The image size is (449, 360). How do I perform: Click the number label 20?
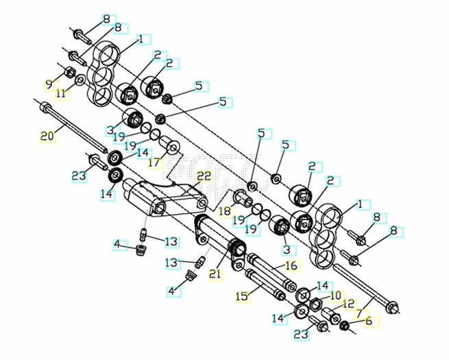[x=47, y=136]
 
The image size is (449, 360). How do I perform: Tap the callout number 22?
[x=204, y=176]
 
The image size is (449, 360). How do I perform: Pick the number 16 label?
[x=292, y=265]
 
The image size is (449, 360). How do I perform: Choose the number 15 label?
[x=242, y=296]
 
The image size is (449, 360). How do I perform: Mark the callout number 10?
[x=336, y=296]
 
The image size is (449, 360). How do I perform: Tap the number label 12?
[x=348, y=302]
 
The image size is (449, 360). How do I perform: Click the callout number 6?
[x=368, y=320]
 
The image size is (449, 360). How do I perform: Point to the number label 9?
[x=48, y=84]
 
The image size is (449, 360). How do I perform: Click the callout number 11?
[x=60, y=93]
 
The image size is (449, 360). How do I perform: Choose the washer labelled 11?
[x=81, y=80]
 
